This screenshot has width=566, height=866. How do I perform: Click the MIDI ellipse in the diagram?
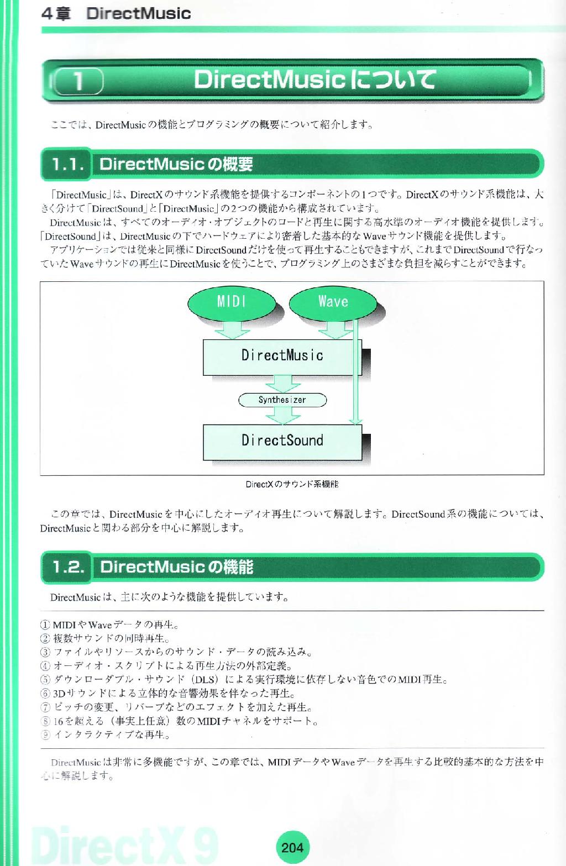232,303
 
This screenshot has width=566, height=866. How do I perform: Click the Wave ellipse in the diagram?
333,303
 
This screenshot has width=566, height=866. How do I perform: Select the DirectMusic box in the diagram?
282,357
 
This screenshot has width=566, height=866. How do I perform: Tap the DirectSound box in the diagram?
282,442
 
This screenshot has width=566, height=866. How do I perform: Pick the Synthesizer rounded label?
282,400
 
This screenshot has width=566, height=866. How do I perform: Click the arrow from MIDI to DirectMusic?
232,330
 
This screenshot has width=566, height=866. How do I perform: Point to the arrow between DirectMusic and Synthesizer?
283,384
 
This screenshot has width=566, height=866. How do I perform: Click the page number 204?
292,847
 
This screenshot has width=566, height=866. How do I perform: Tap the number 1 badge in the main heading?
78,82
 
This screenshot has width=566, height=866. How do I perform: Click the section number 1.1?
67,164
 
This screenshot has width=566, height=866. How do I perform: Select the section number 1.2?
68,567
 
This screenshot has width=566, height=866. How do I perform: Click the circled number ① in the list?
45,624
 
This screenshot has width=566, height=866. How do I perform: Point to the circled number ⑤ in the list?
45,680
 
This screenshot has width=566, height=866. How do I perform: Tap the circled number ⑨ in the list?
45,734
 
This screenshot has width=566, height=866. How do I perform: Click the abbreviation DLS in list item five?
205,680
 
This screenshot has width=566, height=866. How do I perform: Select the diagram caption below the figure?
292,484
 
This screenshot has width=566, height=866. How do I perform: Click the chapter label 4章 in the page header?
56,14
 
